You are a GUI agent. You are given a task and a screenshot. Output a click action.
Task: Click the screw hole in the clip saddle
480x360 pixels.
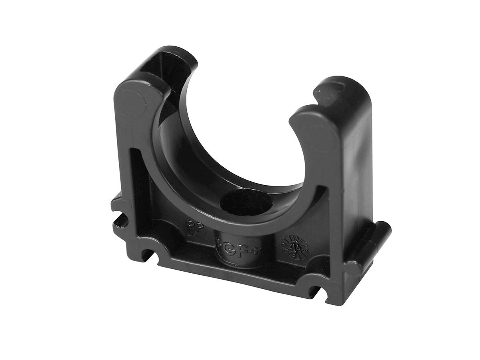point(246,202)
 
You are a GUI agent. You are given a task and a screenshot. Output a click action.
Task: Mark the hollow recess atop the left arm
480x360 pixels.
point(160,60)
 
